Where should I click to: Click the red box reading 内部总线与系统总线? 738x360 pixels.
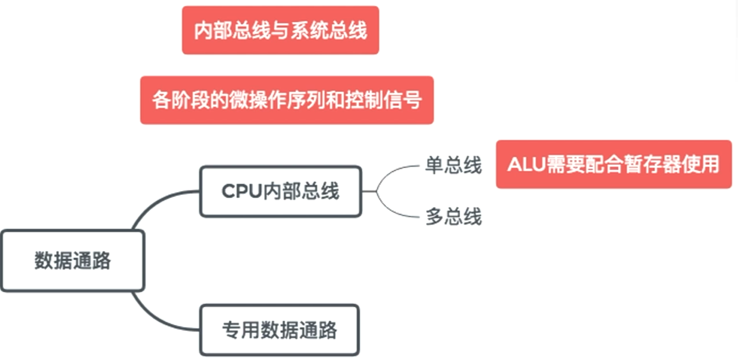pyautogui.click(x=280, y=30)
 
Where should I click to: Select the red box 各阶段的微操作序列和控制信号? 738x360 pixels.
pyautogui.click(x=287, y=100)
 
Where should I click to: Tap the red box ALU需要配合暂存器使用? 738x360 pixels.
pyautogui.click(x=614, y=164)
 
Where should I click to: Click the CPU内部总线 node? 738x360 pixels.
pyautogui.click(x=281, y=192)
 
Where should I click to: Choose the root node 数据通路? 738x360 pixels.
pyautogui.click(x=72, y=260)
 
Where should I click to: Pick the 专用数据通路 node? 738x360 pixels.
pyautogui.click(x=280, y=330)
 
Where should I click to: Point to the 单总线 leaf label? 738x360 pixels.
pyautogui.click(x=454, y=166)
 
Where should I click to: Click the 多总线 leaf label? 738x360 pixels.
pyautogui.click(x=454, y=217)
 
